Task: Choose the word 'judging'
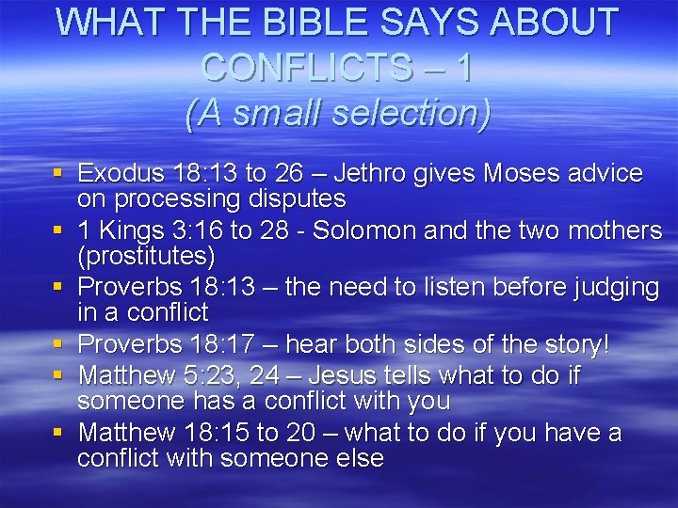[x=612, y=287]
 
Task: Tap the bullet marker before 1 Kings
[x=58, y=230]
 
